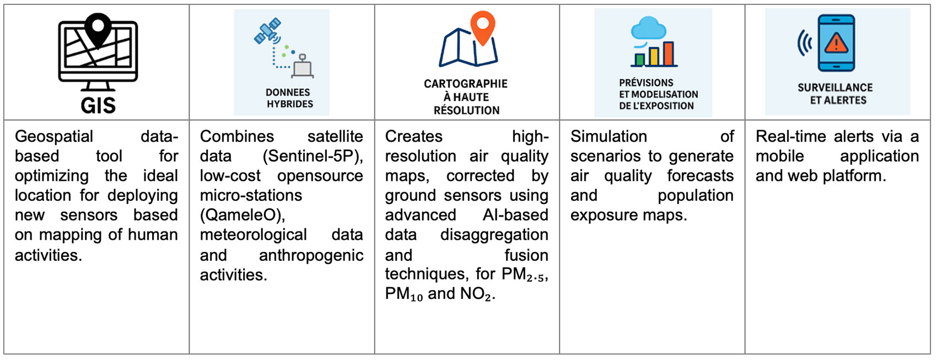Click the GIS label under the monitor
click(x=98, y=105)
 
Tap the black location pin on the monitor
click(x=98, y=29)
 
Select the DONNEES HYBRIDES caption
click(x=288, y=98)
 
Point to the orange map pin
click(x=483, y=27)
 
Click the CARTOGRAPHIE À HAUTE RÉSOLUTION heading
click(x=466, y=97)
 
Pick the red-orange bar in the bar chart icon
click(x=669, y=53)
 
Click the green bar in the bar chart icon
click(x=639, y=60)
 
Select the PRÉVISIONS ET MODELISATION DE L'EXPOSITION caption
click(x=658, y=94)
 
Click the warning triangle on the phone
click(x=836, y=42)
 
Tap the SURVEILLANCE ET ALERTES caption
click(x=835, y=94)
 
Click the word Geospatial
click(x=54, y=137)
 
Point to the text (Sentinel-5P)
click(x=313, y=156)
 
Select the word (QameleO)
click(x=243, y=215)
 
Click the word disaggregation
click(x=494, y=235)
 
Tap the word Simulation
click(x=608, y=137)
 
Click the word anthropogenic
click(x=311, y=255)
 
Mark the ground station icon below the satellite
click(x=303, y=67)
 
